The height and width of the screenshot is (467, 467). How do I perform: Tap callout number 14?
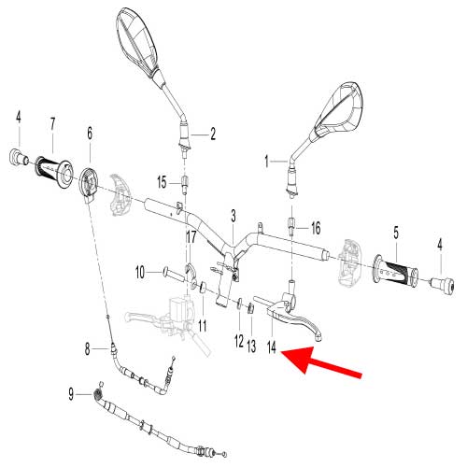272,347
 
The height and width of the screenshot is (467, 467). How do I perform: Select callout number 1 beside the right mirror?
269,161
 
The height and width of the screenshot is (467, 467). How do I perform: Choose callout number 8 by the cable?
88,349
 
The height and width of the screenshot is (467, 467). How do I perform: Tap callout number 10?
141,273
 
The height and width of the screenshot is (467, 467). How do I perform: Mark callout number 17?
191,237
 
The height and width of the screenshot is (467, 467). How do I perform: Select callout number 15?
162,180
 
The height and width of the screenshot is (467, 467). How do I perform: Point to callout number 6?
90,133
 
